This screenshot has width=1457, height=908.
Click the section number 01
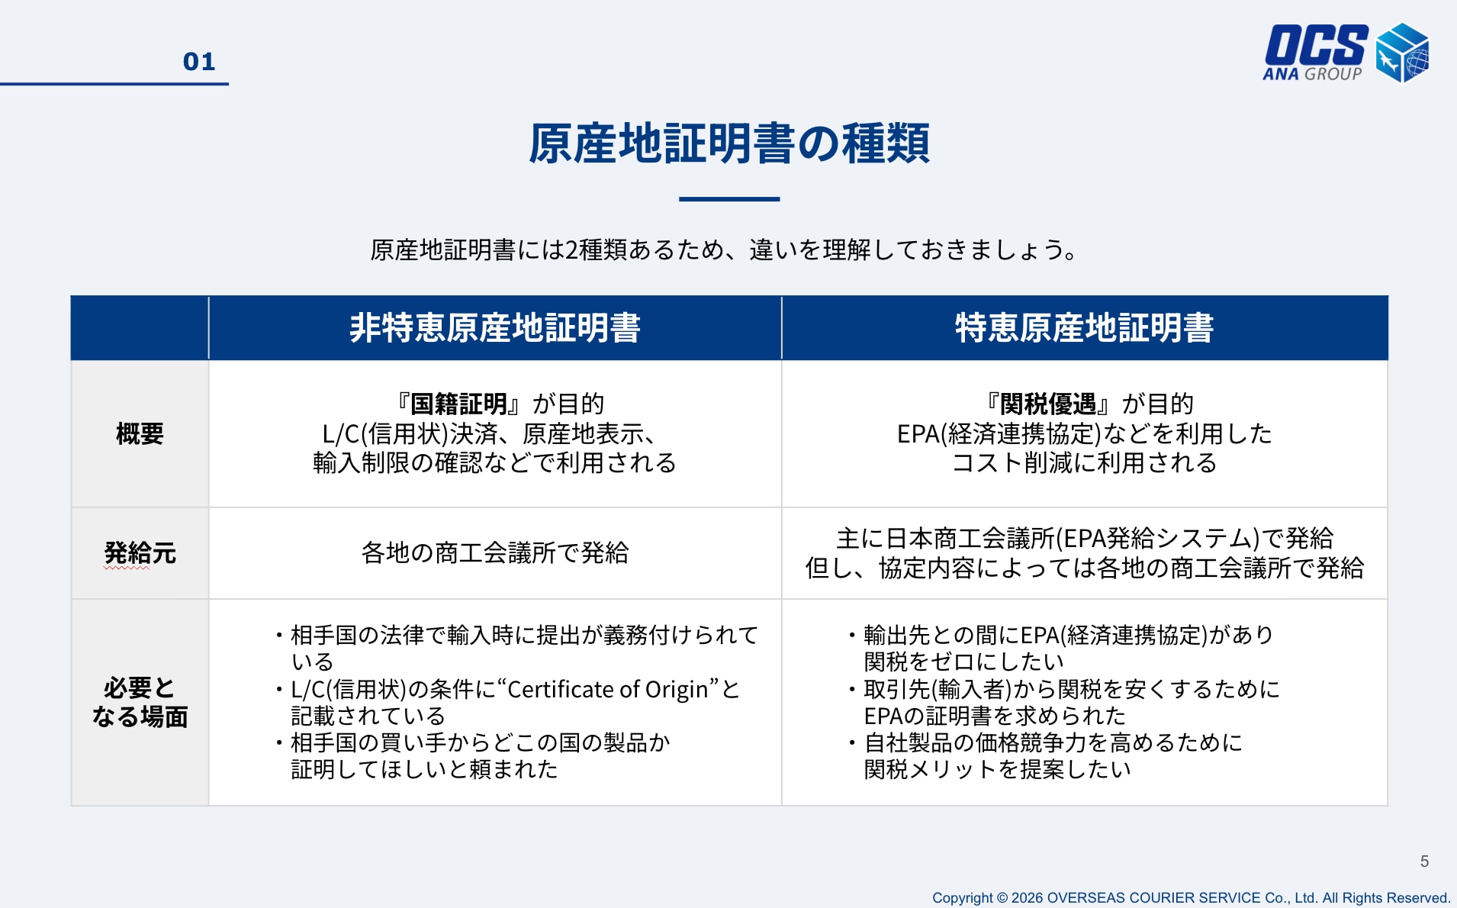199,62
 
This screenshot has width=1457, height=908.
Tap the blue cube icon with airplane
1402,52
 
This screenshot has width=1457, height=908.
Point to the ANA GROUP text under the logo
1312,74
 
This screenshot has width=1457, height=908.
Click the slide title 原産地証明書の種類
728,143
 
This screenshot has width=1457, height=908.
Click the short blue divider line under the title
729,199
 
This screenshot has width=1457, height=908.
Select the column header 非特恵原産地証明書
495,328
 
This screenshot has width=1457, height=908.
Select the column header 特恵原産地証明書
1084,328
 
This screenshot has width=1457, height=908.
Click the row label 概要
140,433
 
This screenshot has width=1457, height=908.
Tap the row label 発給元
140,552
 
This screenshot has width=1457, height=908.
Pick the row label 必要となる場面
140,702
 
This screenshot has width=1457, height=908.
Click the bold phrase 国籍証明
458,404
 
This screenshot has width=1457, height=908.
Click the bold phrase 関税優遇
1048,404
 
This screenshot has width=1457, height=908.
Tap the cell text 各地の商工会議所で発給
495,552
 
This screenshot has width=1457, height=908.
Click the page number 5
1424,861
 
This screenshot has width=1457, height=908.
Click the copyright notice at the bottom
1191,898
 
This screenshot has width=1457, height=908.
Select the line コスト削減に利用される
1084,463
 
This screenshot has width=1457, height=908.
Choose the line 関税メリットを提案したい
997,769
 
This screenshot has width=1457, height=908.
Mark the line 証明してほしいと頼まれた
424,769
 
